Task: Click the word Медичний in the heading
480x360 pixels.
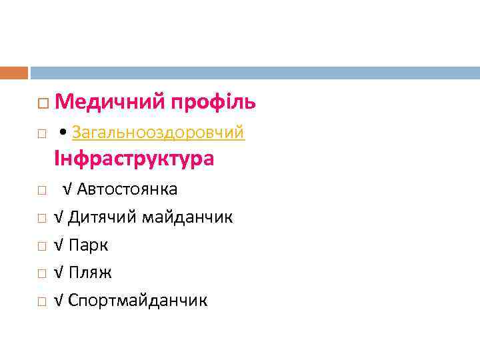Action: click(110, 102)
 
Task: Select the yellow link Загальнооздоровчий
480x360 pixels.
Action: click(158, 133)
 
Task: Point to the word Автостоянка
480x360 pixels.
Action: click(127, 189)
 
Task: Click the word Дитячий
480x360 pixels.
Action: click(101, 217)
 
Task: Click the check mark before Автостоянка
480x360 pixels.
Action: click(68, 189)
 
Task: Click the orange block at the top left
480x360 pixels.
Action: click(14, 73)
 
